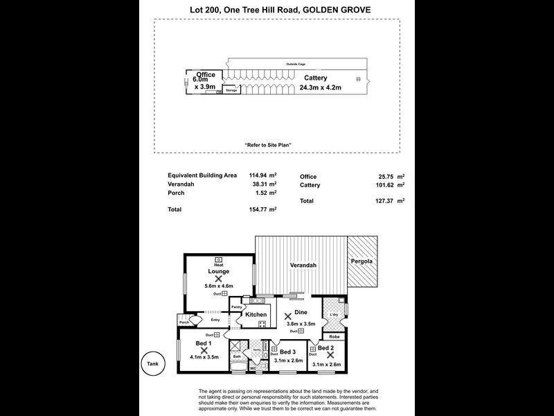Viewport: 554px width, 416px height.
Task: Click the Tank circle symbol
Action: tap(152, 363)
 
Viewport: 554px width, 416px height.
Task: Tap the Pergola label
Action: tap(361, 261)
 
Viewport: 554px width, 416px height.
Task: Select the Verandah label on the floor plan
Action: tap(303, 266)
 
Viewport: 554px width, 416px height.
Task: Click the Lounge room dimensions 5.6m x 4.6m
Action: tap(218, 286)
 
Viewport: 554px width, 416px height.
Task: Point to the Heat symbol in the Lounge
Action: tap(218, 259)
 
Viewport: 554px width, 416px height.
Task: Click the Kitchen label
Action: tap(256, 315)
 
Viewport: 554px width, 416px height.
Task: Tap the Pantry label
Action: tap(236, 306)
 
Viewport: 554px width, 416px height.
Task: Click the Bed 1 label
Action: tap(204, 343)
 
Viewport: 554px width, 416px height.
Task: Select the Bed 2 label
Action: tap(326, 347)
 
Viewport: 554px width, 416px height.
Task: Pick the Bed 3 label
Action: tap(288, 352)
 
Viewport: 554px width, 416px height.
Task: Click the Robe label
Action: tap(334, 336)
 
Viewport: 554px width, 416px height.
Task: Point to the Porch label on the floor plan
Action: tap(184, 322)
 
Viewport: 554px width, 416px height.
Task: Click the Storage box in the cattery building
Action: tap(231, 90)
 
